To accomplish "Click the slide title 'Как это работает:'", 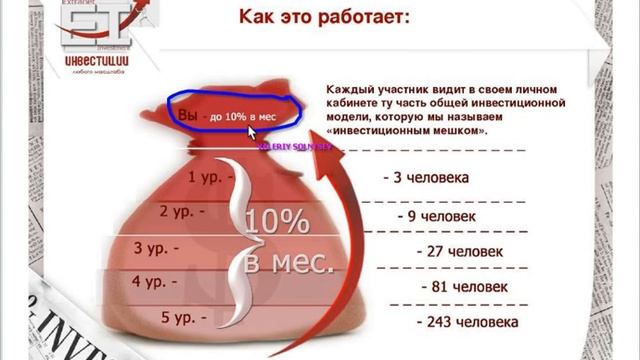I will (x=323, y=16).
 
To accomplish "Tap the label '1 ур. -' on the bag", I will (x=206, y=178).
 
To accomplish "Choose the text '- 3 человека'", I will (x=425, y=178).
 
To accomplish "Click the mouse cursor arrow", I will (x=252, y=131).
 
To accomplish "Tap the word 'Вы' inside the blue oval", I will (x=187, y=116).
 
